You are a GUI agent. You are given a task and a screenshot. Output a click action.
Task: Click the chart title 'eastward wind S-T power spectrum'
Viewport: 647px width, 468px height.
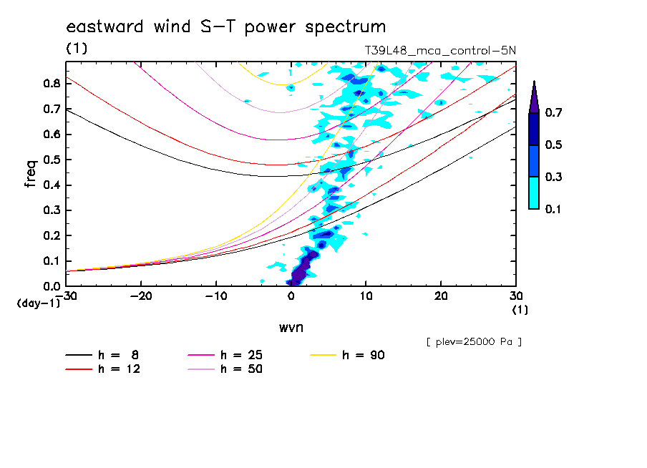tap(226, 27)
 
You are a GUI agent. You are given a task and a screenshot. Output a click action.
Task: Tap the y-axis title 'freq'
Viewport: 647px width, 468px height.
tap(31, 174)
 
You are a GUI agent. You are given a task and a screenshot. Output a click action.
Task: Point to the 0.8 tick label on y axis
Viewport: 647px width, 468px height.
tap(51, 83)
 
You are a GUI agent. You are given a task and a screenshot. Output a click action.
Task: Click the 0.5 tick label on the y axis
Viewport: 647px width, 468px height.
tap(51, 160)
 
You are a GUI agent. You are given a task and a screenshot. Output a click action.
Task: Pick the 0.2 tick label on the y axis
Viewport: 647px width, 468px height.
tap(51, 235)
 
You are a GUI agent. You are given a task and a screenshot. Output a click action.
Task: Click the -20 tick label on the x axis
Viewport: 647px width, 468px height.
tap(141, 296)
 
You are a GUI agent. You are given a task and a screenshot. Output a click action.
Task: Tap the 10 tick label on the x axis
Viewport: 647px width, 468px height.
tap(366, 296)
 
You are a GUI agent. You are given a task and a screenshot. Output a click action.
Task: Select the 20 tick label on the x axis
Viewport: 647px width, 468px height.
tap(441, 296)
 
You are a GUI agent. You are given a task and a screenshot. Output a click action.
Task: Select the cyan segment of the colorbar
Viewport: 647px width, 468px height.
tap(534, 192)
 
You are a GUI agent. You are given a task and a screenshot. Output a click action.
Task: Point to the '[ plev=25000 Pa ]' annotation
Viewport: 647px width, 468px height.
tap(474, 342)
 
